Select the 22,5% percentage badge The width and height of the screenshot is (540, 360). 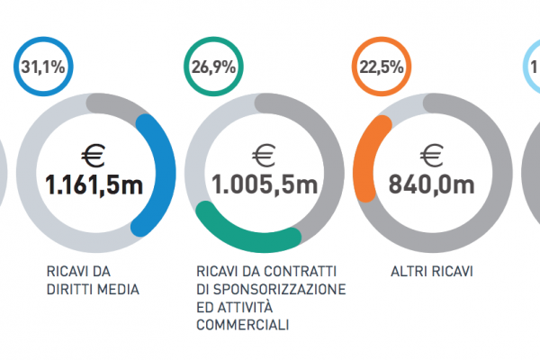[382, 67]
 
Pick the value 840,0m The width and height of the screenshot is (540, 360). [432, 185]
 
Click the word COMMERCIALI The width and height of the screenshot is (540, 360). [239, 324]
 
